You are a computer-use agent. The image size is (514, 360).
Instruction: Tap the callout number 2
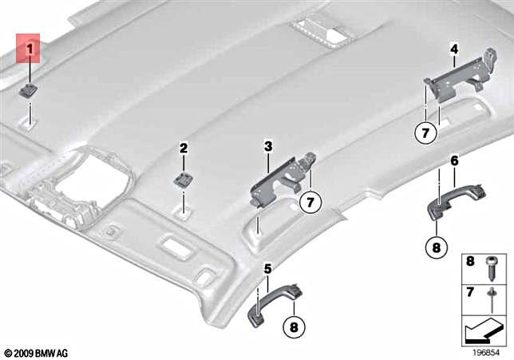click(x=184, y=148)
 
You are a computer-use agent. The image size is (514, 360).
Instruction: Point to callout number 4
click(x=453, y=49)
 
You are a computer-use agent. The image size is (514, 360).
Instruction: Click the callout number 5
click(x=267, y=268)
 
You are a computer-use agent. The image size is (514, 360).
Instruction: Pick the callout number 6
click(x=454, y=160)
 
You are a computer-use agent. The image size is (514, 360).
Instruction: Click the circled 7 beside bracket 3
click(x=307, y=203)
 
